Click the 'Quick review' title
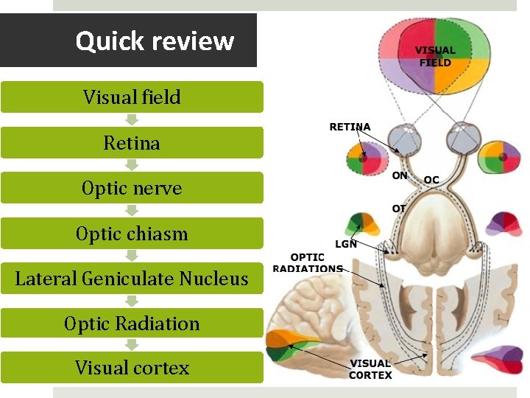point(155,41)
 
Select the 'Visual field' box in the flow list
point(132,97)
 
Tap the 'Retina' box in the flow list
point(132,142)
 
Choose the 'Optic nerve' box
point(132,188)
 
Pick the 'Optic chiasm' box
point(132,234)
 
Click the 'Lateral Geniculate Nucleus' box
point(132,279)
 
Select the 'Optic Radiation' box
point(132,324)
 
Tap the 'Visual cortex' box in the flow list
point(132,368)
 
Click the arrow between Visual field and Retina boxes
point(132,119)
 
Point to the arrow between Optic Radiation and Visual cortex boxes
point(132,345)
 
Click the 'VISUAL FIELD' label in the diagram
point(435,57)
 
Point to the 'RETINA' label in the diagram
point(350,127)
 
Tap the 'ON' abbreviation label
point(400,176)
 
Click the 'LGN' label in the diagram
point(346,244)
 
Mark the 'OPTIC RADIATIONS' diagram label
point(307,262)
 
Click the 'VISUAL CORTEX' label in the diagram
point(370,369)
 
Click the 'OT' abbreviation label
point(399,209)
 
